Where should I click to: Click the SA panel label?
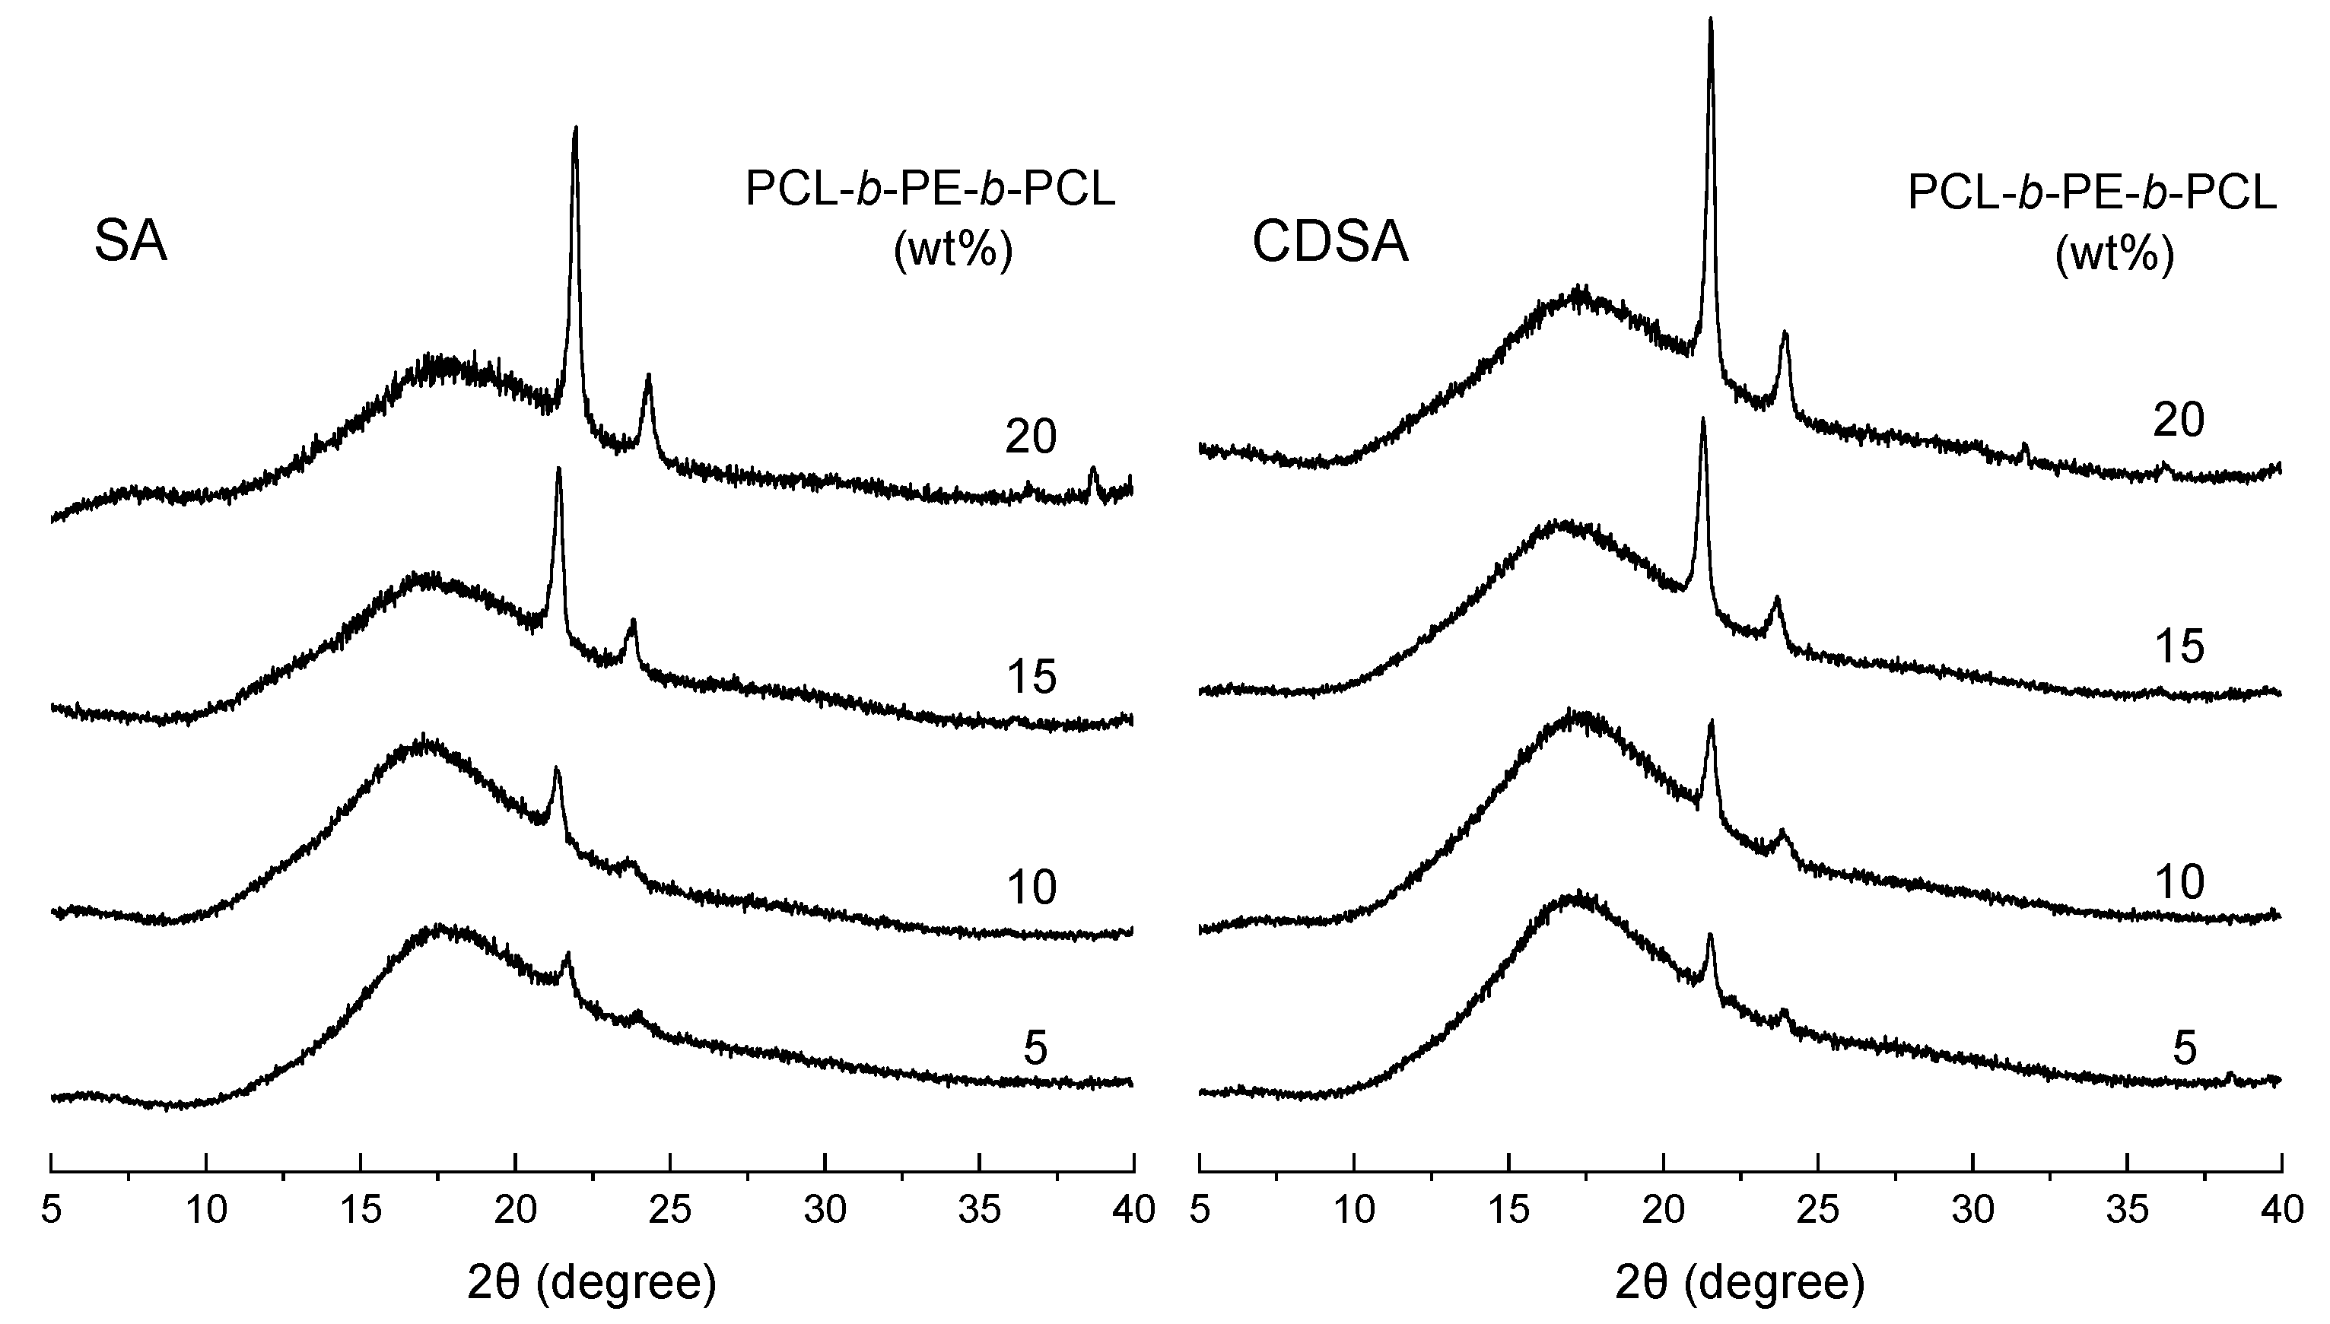[x=131, y=243]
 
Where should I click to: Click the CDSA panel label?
[x=1330, y=243]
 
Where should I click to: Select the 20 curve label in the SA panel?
[x=1031, y=437]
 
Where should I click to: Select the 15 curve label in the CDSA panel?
[x=2179, y=647]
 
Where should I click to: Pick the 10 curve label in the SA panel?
[x=1031, y=887]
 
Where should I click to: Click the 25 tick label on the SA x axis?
[x=671, y=1211]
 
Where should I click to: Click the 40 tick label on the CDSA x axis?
[x=2281, y=1211]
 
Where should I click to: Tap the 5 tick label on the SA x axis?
[x=52, y=1211]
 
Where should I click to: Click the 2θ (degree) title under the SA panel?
[x=592, y=1283]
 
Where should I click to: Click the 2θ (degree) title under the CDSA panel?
[x=1740, y=1283]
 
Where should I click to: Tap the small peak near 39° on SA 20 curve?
[x=1093, y=472]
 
